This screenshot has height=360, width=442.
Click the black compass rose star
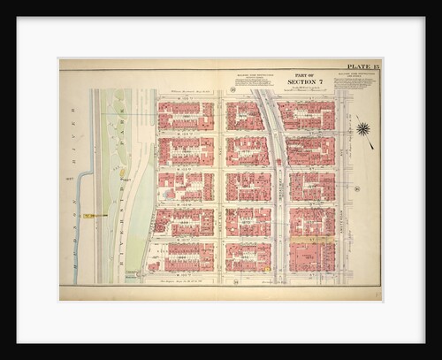pyautogui.click(x=362, y=129)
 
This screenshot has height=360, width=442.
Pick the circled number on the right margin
pyautogui.click(x=357, y=188)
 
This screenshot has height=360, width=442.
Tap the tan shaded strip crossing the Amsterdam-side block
pyautogui.click(x=311, y=240)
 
